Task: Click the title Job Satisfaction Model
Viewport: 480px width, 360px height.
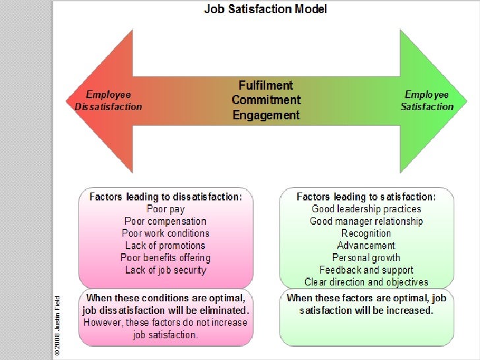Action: [265, 9]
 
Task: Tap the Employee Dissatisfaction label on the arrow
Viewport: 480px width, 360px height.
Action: [109, 100]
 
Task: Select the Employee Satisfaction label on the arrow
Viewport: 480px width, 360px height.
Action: [427, 100]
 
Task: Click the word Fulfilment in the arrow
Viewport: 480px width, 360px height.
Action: [266, 86]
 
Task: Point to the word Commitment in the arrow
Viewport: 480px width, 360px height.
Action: [266, 100]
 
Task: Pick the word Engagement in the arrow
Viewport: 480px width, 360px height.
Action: [266, 115]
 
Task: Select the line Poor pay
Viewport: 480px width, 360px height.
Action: [165, 209]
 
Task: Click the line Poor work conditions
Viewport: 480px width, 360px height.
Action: [165, 233]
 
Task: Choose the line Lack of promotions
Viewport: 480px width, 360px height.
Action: [165, 245]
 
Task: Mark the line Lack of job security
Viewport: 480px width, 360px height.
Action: [165, 270]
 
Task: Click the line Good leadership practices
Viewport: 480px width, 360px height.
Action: [366, 209]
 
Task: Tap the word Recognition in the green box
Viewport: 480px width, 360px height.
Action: [366, 233]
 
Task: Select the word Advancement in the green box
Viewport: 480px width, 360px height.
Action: [366, 245]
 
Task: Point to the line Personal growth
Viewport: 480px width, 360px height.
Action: [366, 258]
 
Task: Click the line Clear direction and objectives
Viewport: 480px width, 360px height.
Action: [366, 282]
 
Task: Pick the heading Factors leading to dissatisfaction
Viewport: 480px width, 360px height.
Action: [165, 196]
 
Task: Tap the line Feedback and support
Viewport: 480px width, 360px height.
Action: [366, 270]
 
